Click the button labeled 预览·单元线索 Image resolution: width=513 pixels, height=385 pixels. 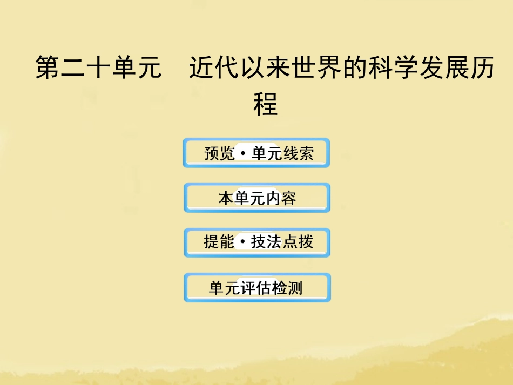256,153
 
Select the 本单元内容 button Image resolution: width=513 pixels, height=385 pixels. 256,198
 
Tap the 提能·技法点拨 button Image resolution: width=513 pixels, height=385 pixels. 256,242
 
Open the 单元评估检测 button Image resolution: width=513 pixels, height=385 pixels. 256,288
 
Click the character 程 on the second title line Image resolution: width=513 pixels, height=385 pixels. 265,105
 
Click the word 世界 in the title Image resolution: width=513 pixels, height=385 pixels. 316,69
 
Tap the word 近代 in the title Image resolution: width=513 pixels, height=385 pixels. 215,69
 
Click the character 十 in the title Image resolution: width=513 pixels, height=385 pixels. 99,69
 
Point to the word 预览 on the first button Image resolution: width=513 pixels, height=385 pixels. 220,154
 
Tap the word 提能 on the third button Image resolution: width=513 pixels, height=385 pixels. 219,242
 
